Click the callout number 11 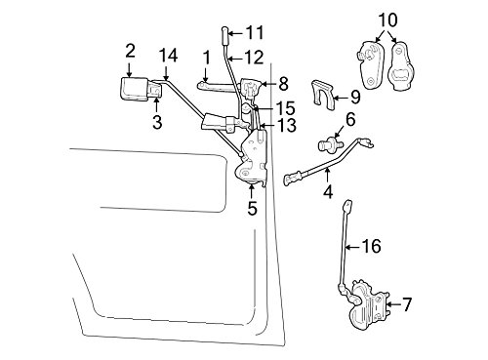point(255,33)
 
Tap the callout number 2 point(130,51)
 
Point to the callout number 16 point(371,246)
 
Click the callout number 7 point(407,304)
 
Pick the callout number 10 point(387,20)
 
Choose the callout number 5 point(252,208)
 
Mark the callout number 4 point(328,191)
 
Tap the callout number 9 point(355,98)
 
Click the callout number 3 point(157,122)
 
